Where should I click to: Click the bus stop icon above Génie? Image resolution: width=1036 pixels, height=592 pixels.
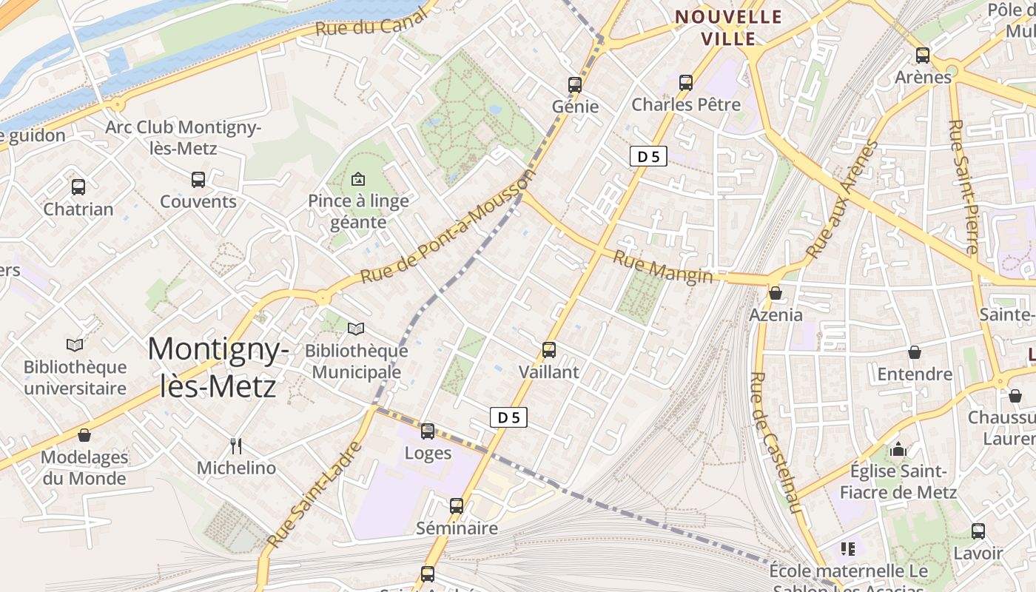pyautogui.click(x=575, y=84)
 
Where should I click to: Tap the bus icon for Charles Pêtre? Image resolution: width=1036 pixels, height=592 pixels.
pyautogui.click(x=686, y=82)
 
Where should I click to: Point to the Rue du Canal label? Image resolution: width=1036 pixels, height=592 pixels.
pyautogui.click(x=371, y=23)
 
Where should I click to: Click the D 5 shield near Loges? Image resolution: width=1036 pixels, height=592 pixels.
pyautogui.click(x=508, y=417)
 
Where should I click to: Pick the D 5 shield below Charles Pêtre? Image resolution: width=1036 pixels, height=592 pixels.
pyautogui.click(x=649, y=156)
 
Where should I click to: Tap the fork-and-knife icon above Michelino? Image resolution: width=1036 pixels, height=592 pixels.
pyautogui.click(x=236, y=445)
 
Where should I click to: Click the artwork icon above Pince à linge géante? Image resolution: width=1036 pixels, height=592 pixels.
pyautogui.click(x=358, y=178)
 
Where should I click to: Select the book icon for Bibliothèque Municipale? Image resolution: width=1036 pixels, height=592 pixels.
pyautogui.click(x=356, y=329)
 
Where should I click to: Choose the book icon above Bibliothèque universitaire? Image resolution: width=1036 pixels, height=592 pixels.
pyautogui.click(x=75, y=345)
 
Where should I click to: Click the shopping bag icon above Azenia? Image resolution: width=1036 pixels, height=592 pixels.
pyautogui.click(x=776, y=293)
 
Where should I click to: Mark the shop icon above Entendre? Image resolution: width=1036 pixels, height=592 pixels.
pyautogui.click(x=915, y=352)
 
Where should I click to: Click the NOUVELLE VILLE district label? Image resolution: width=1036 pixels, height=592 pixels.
pyautogui.click(x=729, y=27)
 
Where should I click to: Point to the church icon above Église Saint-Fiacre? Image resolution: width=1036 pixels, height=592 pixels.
pyautogui.click(x=898, y=449)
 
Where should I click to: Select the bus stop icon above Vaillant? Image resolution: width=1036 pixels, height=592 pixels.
pyautogui.click(x=548, y=349)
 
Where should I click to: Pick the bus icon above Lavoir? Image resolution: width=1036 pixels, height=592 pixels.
pyautogui.click(x=978, y=531)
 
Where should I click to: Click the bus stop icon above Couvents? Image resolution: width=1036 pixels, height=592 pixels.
pyautogui.click(x=198, y=179)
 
